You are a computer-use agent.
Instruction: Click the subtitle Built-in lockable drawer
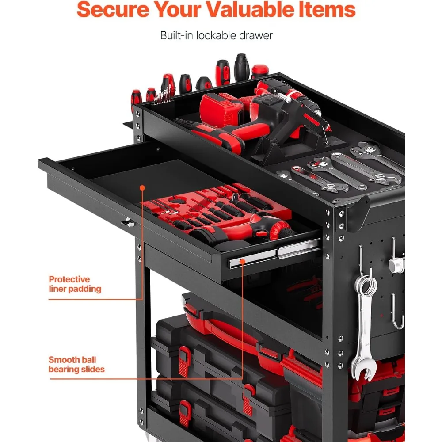[216, 35]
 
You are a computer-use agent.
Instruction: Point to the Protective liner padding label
[75, 284]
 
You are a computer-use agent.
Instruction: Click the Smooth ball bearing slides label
[76, 364]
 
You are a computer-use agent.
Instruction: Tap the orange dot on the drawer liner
[142, 188]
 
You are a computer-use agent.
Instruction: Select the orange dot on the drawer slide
[242, 261]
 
